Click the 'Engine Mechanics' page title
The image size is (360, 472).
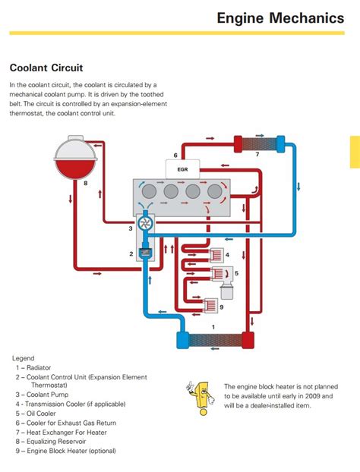tap(279, 17)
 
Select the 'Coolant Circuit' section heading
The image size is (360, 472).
tap(46, 67)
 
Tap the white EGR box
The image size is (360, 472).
tap(182, 169)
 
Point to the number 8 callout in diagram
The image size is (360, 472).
tap(85, 183)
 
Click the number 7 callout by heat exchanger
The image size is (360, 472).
tap(257, 155)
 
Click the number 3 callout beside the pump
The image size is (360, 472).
tap(130, 228)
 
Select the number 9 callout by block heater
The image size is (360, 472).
tap(221, 307)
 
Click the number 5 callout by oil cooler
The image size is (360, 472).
tap(236, 273)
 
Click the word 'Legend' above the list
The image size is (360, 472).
tap(24, 357)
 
